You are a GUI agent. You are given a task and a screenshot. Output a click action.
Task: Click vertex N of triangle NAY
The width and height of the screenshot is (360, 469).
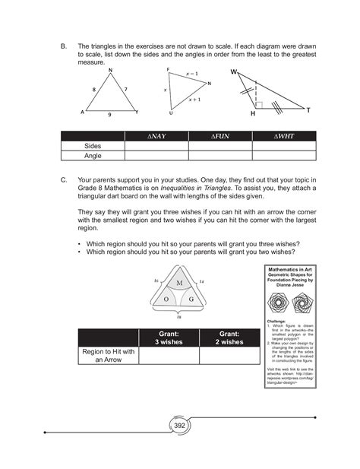point(112,71)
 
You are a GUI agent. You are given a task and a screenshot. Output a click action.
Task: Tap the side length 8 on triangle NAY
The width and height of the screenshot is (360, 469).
point(95,89)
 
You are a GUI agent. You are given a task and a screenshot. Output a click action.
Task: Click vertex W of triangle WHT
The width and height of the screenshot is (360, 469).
point(234,72)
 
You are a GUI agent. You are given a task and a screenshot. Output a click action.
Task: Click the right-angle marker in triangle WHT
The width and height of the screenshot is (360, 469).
point(259,104)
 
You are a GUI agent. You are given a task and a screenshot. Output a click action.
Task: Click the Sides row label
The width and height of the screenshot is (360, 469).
point(93,146)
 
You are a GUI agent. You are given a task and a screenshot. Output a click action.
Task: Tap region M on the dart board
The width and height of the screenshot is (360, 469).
point(179,283)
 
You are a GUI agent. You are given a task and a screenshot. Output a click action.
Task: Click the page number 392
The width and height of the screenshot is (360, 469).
point(180,426)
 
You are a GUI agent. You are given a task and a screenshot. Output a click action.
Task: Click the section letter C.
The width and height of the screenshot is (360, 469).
point(64,180)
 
